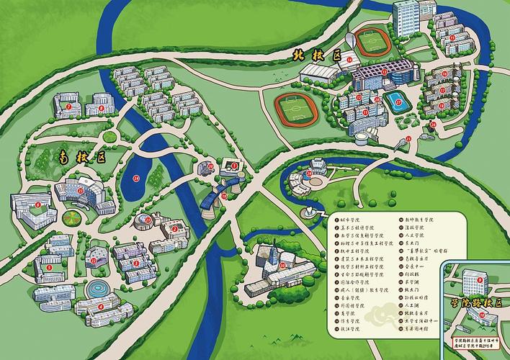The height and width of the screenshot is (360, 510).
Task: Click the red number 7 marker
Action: tap(68, 107)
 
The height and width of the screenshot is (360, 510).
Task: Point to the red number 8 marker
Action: tap(102, 108)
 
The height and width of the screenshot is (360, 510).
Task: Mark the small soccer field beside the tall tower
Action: tap(372, 45)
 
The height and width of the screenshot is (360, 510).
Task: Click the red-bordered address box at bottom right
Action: tap(476, 346)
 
